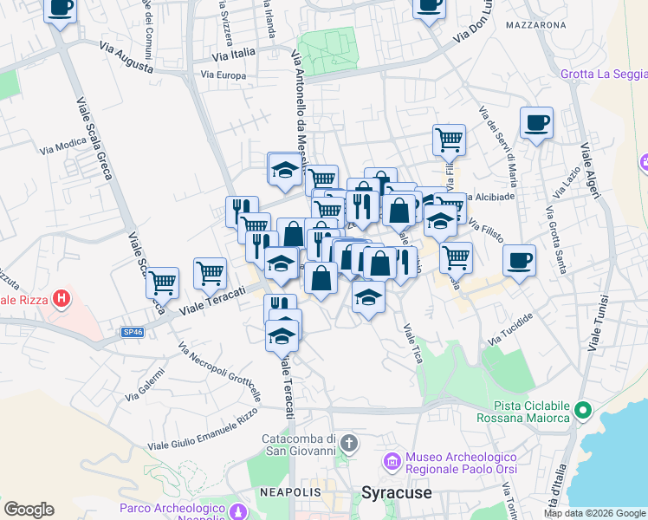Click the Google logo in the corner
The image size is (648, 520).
(x=29, y=510)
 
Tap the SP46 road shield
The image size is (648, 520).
(x=132, y=331)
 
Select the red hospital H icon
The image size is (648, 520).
(x=61, y=300)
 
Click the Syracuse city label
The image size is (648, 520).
(x=396, y=492)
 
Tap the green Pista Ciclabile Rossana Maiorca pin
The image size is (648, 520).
(x=583, y=409)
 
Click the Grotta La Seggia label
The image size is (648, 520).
(x=603, y=74)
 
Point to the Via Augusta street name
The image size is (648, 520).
(x=126, y=56)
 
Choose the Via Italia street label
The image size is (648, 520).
(x=234, y=53)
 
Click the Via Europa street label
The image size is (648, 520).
(x=223, y=75)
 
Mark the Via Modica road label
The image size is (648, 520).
(x=63, y=145)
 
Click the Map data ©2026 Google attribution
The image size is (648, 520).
(x=594, y=513)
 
